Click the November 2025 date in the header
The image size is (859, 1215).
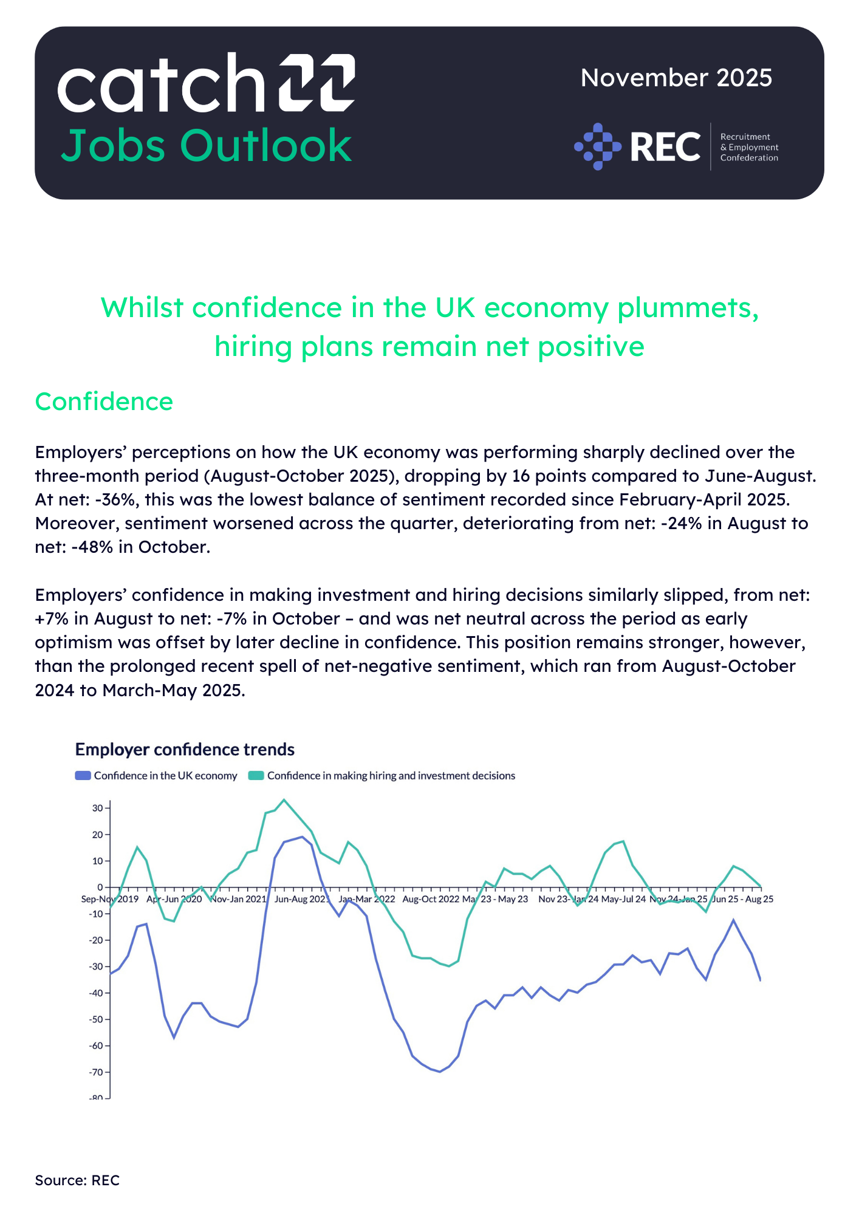[676, 78]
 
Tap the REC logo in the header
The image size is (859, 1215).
[676, 146]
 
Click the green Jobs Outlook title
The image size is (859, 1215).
[206, 146]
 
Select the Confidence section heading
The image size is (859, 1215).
[104, 402]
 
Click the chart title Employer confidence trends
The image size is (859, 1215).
[185, 750]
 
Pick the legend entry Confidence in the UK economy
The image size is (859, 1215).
[156, 776]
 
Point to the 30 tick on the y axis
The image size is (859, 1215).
[97, 808]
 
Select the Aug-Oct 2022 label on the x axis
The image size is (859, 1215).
[431, 899]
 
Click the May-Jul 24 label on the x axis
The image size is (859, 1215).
[623, 899]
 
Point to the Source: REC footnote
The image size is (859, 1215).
[77, 1180]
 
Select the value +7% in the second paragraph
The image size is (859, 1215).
[52, 619]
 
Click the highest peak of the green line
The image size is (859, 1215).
[284, 799]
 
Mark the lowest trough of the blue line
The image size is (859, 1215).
[439, 1072]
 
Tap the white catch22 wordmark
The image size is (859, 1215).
[206, 83]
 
